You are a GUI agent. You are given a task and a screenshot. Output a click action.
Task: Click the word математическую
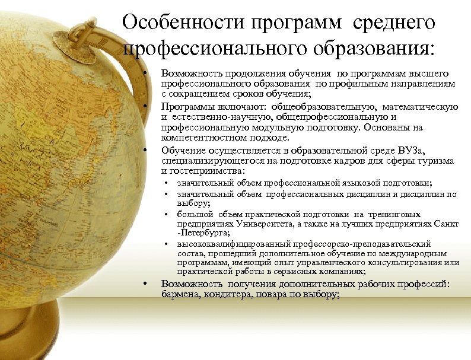coord(421,107)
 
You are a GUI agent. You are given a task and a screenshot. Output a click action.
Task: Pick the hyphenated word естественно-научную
coord(215,117)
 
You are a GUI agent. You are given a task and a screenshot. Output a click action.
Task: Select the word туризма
coord(435,161)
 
